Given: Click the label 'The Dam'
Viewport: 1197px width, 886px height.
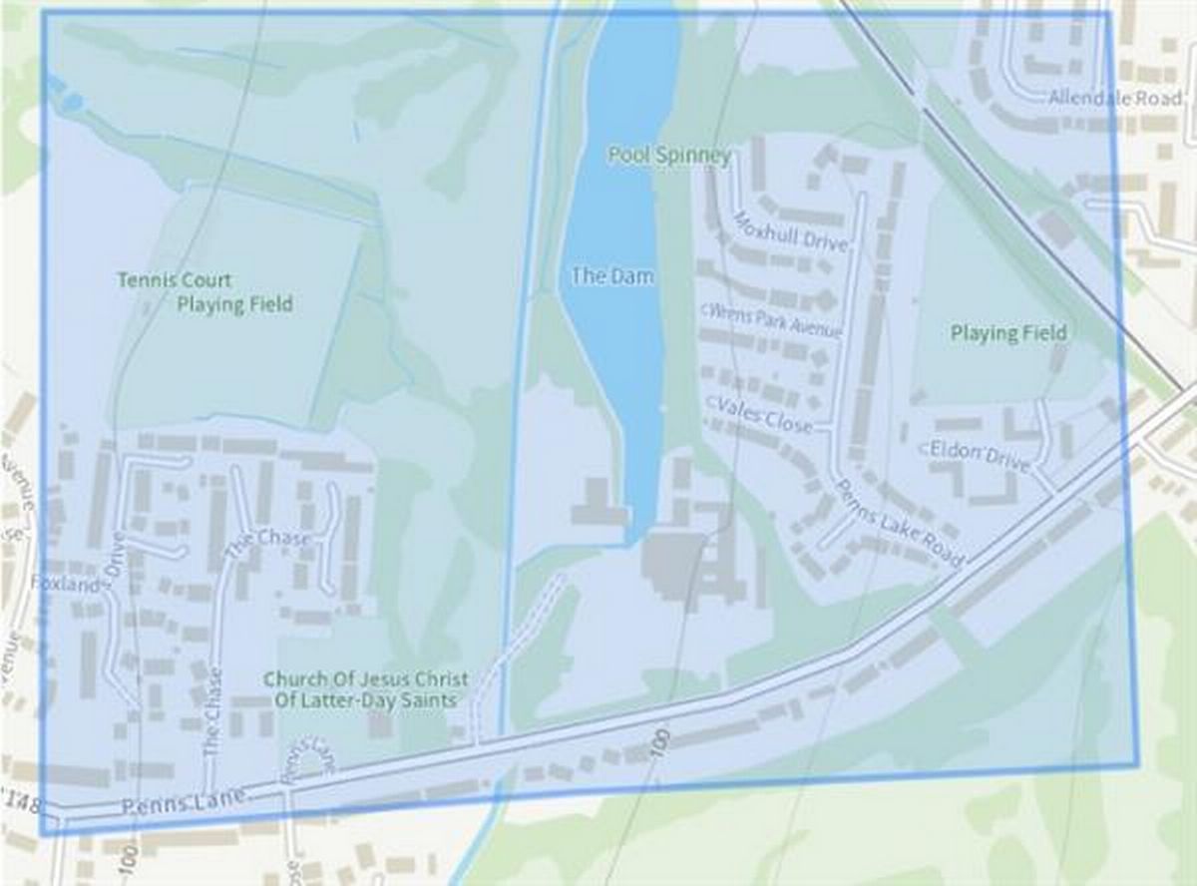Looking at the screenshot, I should pyautogui.click(x=612, y=276).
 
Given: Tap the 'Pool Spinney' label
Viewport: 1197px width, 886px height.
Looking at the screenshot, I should pyautogui.click(x=669, y=156).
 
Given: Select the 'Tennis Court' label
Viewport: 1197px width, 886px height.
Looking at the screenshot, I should pyautogui.click(x=175, y=280).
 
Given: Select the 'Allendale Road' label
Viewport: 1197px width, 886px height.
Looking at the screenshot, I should pyautogui.click(x=1114, y=98).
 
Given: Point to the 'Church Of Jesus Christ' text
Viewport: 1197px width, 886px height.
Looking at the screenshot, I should pyautogui.click(x=365, y=678).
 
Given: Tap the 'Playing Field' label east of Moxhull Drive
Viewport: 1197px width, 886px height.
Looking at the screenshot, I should pyautogui.click(x=1008, y=332).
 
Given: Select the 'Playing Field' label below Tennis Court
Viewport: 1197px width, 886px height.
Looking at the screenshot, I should pyautogui.click(x=235, y=304).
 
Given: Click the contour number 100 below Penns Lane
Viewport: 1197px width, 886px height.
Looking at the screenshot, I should pyautogui.click(x=660, y=746).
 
